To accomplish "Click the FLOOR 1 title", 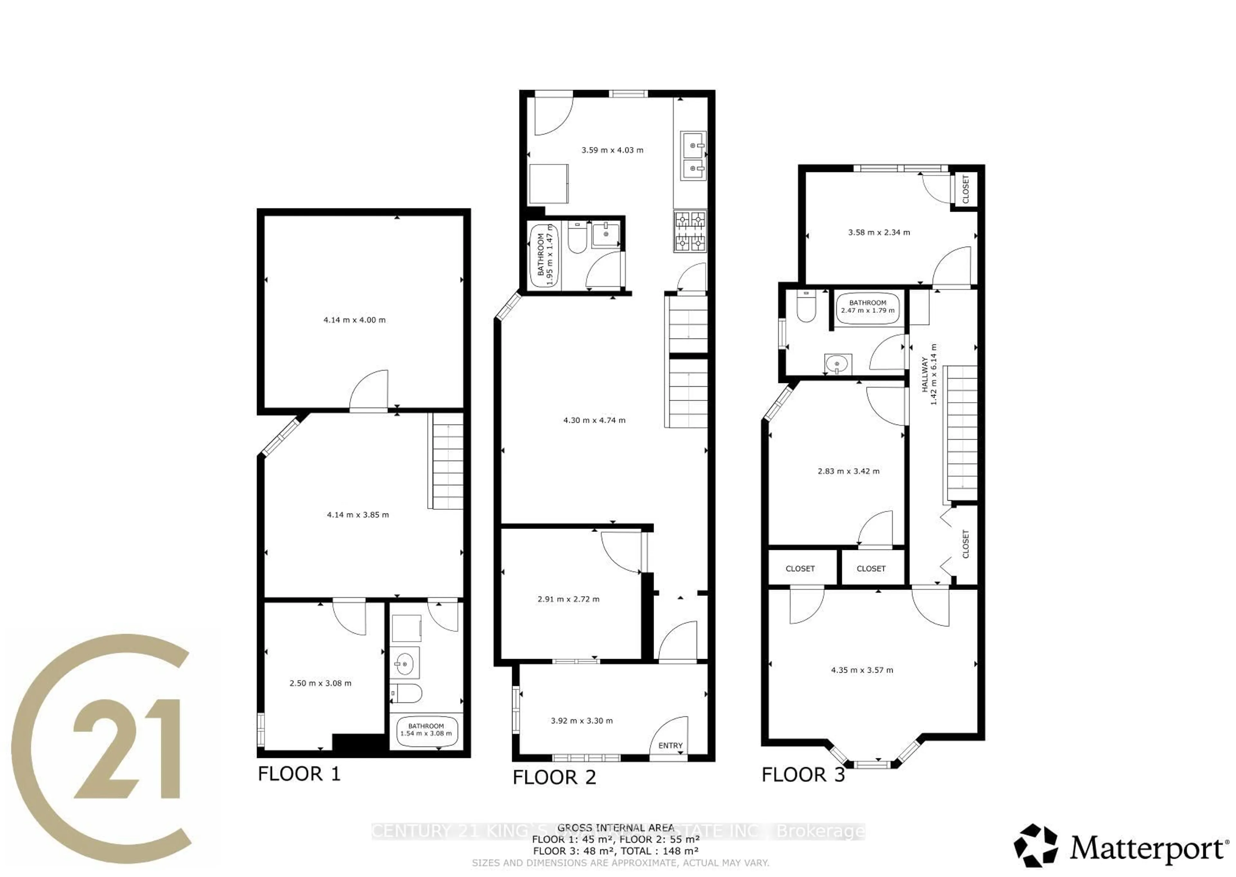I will click(299, 774).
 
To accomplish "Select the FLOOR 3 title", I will click(803, 775).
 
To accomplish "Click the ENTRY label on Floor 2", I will click(670, 746).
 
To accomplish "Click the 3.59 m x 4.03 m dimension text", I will click(612, 150).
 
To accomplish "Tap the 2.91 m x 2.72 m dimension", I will click(569, 599).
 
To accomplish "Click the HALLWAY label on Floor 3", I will click(924, 374).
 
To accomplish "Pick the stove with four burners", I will click(690, 232).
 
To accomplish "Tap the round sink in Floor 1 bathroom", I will click(404, 661).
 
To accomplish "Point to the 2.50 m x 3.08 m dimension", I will click(320, 683).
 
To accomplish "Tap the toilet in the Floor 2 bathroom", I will click(577, 239).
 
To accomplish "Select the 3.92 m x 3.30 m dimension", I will click(582, 720).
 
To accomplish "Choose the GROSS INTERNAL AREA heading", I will click(615, 828).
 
